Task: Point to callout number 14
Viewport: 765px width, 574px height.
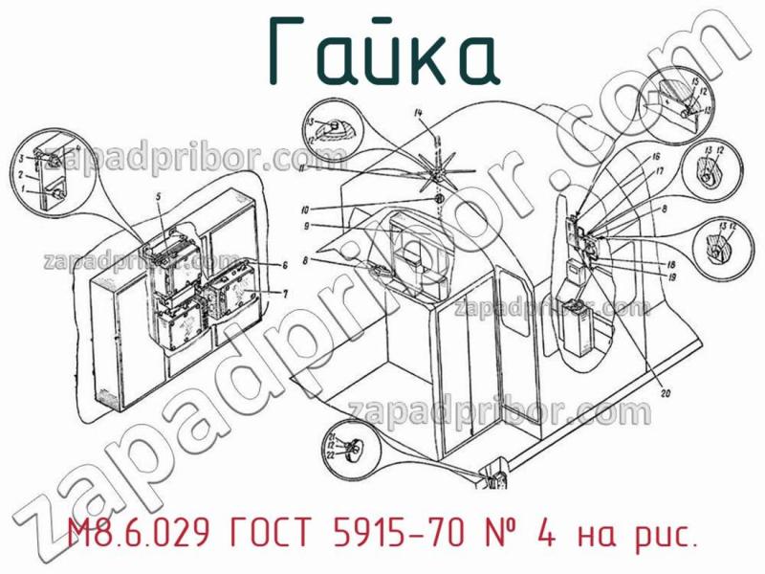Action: coord(417,115)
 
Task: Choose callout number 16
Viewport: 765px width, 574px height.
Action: coord(655,156)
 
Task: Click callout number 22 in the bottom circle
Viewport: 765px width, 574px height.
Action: coord(332,455)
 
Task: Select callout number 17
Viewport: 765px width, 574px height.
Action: coord(660,172)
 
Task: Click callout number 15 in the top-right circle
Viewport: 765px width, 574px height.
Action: coord(694,79)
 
